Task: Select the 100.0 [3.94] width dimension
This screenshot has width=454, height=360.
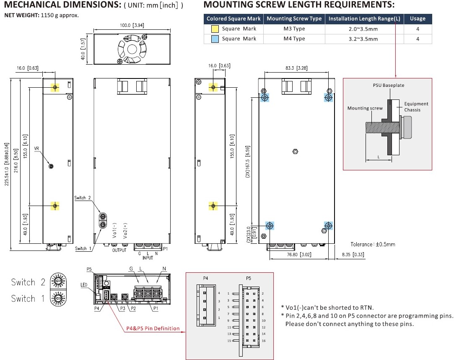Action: click(132, 26)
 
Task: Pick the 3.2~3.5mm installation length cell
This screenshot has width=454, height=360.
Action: click(365, 39)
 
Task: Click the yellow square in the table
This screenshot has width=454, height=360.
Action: click(214, 29)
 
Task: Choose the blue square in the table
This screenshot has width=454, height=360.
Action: click(214, 39)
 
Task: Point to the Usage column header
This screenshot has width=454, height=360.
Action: click(418, 18)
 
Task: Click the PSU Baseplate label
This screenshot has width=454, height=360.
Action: click(389, 85)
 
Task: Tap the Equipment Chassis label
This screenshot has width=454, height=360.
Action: click(416, 107)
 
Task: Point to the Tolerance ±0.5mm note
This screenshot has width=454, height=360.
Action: click(373, 244)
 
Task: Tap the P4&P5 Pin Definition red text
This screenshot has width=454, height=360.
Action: click(153, 329)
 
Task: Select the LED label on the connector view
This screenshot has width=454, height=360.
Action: click(83, 285)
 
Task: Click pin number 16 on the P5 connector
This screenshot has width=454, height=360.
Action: click(263, 341)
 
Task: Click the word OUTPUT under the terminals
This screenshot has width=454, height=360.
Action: click(119, 250)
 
